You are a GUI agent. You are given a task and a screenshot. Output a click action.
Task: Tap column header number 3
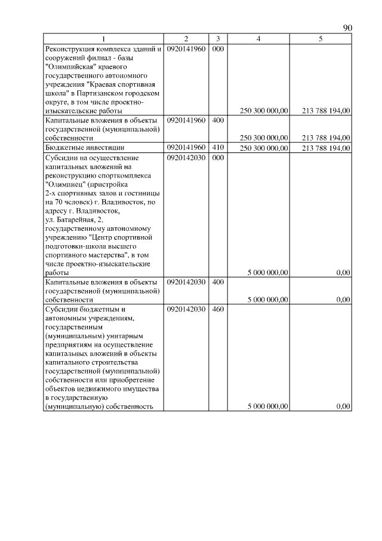coord(218,39)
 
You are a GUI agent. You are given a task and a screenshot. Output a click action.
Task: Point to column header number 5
coord(321,39)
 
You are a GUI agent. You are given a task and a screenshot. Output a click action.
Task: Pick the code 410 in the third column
coord(218,147)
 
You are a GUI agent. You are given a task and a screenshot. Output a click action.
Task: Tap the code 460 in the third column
coord(218,310)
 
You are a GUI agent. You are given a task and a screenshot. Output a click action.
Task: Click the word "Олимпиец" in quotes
coord(64,185)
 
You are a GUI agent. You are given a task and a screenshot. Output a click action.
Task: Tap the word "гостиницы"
coord(142,194)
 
